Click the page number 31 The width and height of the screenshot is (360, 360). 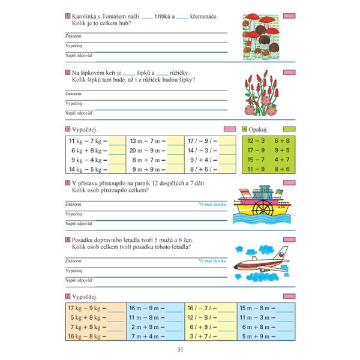coord(180,350)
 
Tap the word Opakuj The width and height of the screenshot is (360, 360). coord(259,130)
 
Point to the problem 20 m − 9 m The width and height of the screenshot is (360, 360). coord(143,151)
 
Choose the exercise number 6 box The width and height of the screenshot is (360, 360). coord(67,240)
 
